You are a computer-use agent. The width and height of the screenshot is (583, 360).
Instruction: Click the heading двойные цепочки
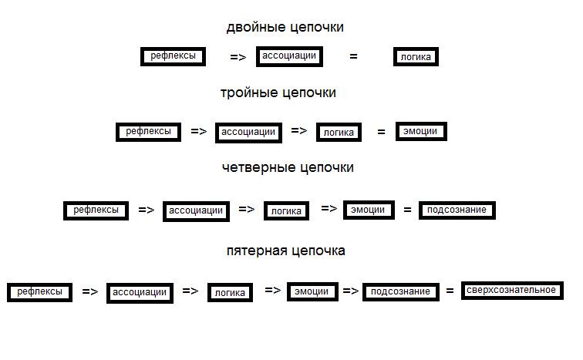pyautogui.click(x=285, y=28)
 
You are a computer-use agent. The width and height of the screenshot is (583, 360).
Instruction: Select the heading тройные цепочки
pyautogui.click(x=278, y=93)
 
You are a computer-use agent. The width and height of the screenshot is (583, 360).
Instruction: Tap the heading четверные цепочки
pyautogui.click(x=287, y=167)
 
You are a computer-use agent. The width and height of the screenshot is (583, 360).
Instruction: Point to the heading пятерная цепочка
pyautogui.click(x=285, y=251)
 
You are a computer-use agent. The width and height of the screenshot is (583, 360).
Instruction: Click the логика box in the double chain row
pyautogui.click(x=416, y=57)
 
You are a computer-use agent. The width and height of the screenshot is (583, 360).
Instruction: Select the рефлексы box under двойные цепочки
pyautogui.click(x=173, y=56)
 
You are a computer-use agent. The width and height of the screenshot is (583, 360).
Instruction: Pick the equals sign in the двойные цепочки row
pyautogui.click(x=354, y=56)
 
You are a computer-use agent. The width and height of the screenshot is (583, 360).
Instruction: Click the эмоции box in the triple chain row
pyautogui.click(x=421, y=131)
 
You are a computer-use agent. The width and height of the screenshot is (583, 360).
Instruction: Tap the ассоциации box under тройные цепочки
pyautogui.click(x=248, y=132)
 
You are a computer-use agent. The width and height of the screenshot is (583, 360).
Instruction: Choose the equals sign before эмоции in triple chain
pyautogui.click(x=381, y=132)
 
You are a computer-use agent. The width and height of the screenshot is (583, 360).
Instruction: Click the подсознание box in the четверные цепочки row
pyautogui.click(x=456, y=210)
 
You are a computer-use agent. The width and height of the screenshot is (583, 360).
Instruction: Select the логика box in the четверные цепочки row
pyautogui.click(x=286, y=210)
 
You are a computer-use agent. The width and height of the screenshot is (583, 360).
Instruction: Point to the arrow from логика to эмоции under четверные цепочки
pyautogui.click(x=329, y=208)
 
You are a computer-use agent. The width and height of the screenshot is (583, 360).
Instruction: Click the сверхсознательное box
pyautogui.click(x=511, y=291)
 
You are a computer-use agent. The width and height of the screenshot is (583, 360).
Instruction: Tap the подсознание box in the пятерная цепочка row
pyautogui.click(x=399, y=291)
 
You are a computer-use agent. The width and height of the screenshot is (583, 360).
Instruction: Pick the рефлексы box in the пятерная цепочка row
pyautogui.click(x=39, y=292)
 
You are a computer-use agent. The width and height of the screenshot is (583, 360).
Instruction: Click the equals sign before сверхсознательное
pyautogui.click(x=450, y=291)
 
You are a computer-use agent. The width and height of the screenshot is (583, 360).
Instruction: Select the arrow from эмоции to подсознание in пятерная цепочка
pyautogui.click(x=351, y=291)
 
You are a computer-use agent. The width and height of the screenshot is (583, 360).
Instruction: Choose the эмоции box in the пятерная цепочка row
pyautogui.click(x=312, y=291)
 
